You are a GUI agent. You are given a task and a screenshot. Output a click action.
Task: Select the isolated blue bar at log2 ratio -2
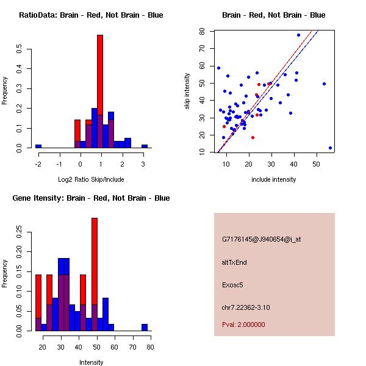tap(38, 146)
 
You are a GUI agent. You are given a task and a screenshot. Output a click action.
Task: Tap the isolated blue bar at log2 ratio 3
tap(145, 146)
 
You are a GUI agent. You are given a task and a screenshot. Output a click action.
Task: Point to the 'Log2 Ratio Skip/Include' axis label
tap(91, 179)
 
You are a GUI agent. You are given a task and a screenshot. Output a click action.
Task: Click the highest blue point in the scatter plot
tap(298, 35)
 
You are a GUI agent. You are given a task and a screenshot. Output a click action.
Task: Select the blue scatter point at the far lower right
tap(330, 148)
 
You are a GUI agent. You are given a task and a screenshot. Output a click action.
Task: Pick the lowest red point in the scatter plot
tap(253, 137)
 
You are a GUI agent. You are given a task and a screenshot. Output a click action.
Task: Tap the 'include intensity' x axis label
tap(274, 179)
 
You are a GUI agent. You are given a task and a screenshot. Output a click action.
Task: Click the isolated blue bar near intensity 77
tap(145, 328)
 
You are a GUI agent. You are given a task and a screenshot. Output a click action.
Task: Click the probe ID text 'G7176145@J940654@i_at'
tap(262, 240)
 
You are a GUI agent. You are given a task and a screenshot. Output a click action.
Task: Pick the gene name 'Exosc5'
tap(233, 284)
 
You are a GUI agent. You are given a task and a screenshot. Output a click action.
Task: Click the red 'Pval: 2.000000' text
tap(243, 325)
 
